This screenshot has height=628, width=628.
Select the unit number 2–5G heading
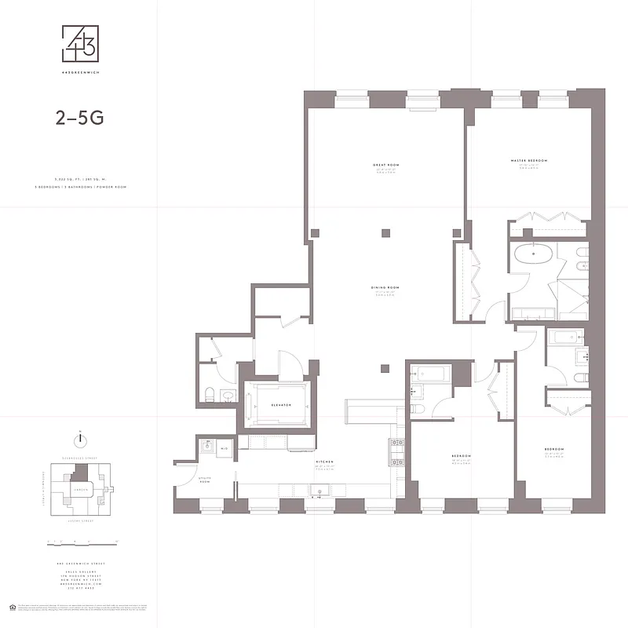79,119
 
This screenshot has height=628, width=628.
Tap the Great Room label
386,165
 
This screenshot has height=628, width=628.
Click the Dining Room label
386,288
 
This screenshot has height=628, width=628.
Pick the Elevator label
281,405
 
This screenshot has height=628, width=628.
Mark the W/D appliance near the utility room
224,448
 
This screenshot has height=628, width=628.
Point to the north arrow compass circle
80,440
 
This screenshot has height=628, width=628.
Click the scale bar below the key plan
80,542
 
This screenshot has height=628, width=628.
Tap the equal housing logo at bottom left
11,608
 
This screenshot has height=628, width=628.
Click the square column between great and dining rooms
385,232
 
